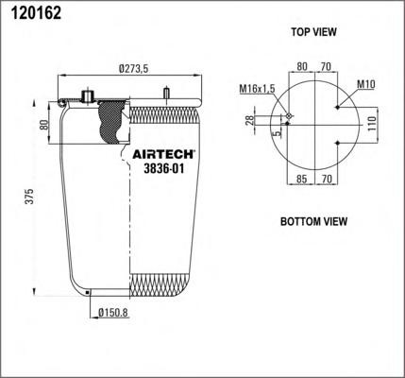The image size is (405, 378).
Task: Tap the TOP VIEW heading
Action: click(313, 32)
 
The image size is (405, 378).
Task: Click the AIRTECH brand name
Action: click(160, 153)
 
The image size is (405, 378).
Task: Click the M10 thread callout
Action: click(367, 84)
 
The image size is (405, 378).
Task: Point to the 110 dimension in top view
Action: click(371, 124)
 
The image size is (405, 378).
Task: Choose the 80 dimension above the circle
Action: click(302, 67)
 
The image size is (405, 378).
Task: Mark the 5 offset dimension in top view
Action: click(277, 133)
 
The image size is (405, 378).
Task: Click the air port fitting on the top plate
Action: click(90, 96)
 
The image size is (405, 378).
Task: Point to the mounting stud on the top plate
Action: click(166, 94)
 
